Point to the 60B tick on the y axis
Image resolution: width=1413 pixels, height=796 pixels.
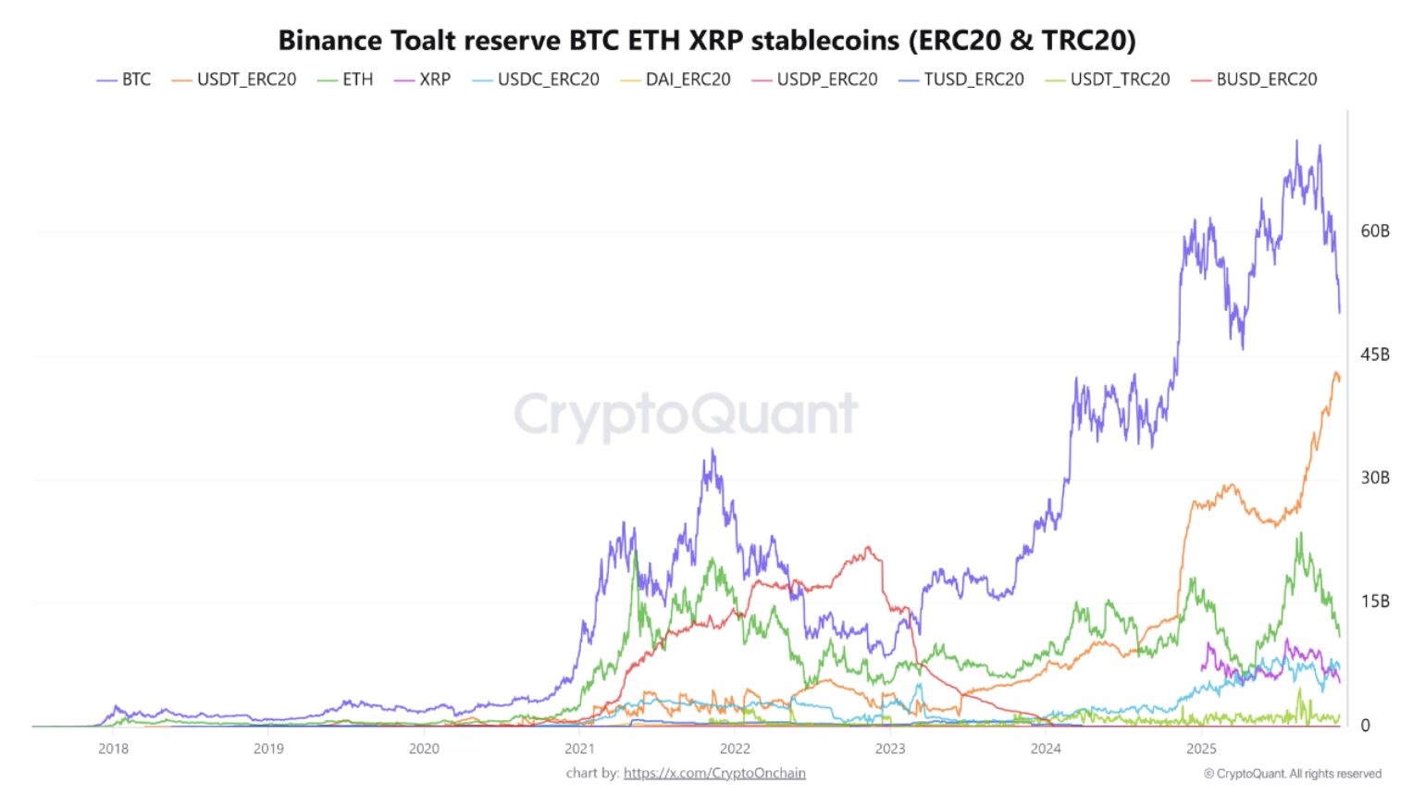pyautogui.click(x=1374, y=231)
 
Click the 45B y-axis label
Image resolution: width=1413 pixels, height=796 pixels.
pyautogui.click(x=1374, y=354)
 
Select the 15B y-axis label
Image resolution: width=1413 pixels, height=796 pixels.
pyautogui.click(x=1374, y=602)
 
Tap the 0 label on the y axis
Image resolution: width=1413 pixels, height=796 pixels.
pyautogui.click(x=1365, y=726)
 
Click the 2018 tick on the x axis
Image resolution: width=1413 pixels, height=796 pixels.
pyautogui.click(x=113, y=749)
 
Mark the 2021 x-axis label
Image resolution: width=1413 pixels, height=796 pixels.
pyautogui.click(x=579, y=749)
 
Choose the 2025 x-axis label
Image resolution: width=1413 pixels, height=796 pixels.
pyautogui.click(x=1201, y=749)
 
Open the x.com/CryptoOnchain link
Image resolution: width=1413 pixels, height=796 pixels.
pyautogui.click(x=714, y=773)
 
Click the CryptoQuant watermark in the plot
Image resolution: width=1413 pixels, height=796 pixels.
pyautogui.click(x=686, y=414)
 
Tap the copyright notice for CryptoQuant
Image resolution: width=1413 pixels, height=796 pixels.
pyautogui.click(x=1292, y=774)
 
